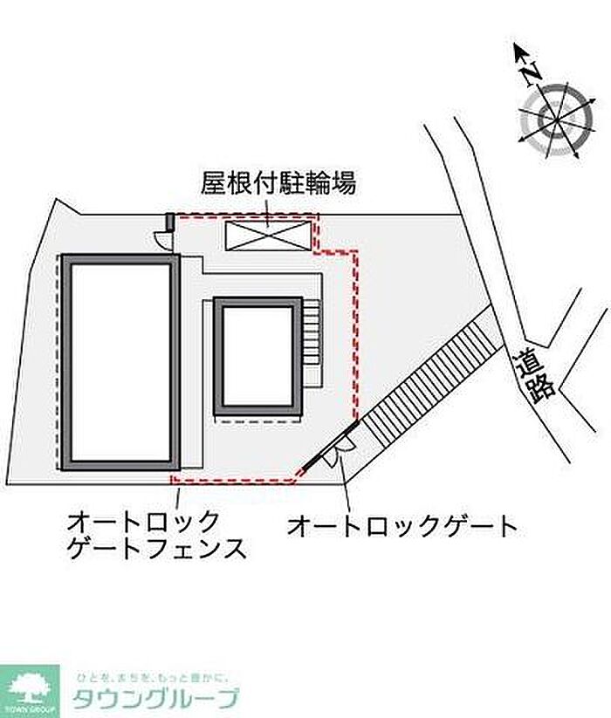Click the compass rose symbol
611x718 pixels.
click(553, 119)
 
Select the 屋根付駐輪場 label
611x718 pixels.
click(278, 184)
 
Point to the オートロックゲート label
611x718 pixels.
click(402, 525)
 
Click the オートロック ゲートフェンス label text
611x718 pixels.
click(155, 536)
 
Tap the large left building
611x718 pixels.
click(120, 362)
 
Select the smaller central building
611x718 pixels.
click(257, 357)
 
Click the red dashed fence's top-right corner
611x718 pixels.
click(356, 254)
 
